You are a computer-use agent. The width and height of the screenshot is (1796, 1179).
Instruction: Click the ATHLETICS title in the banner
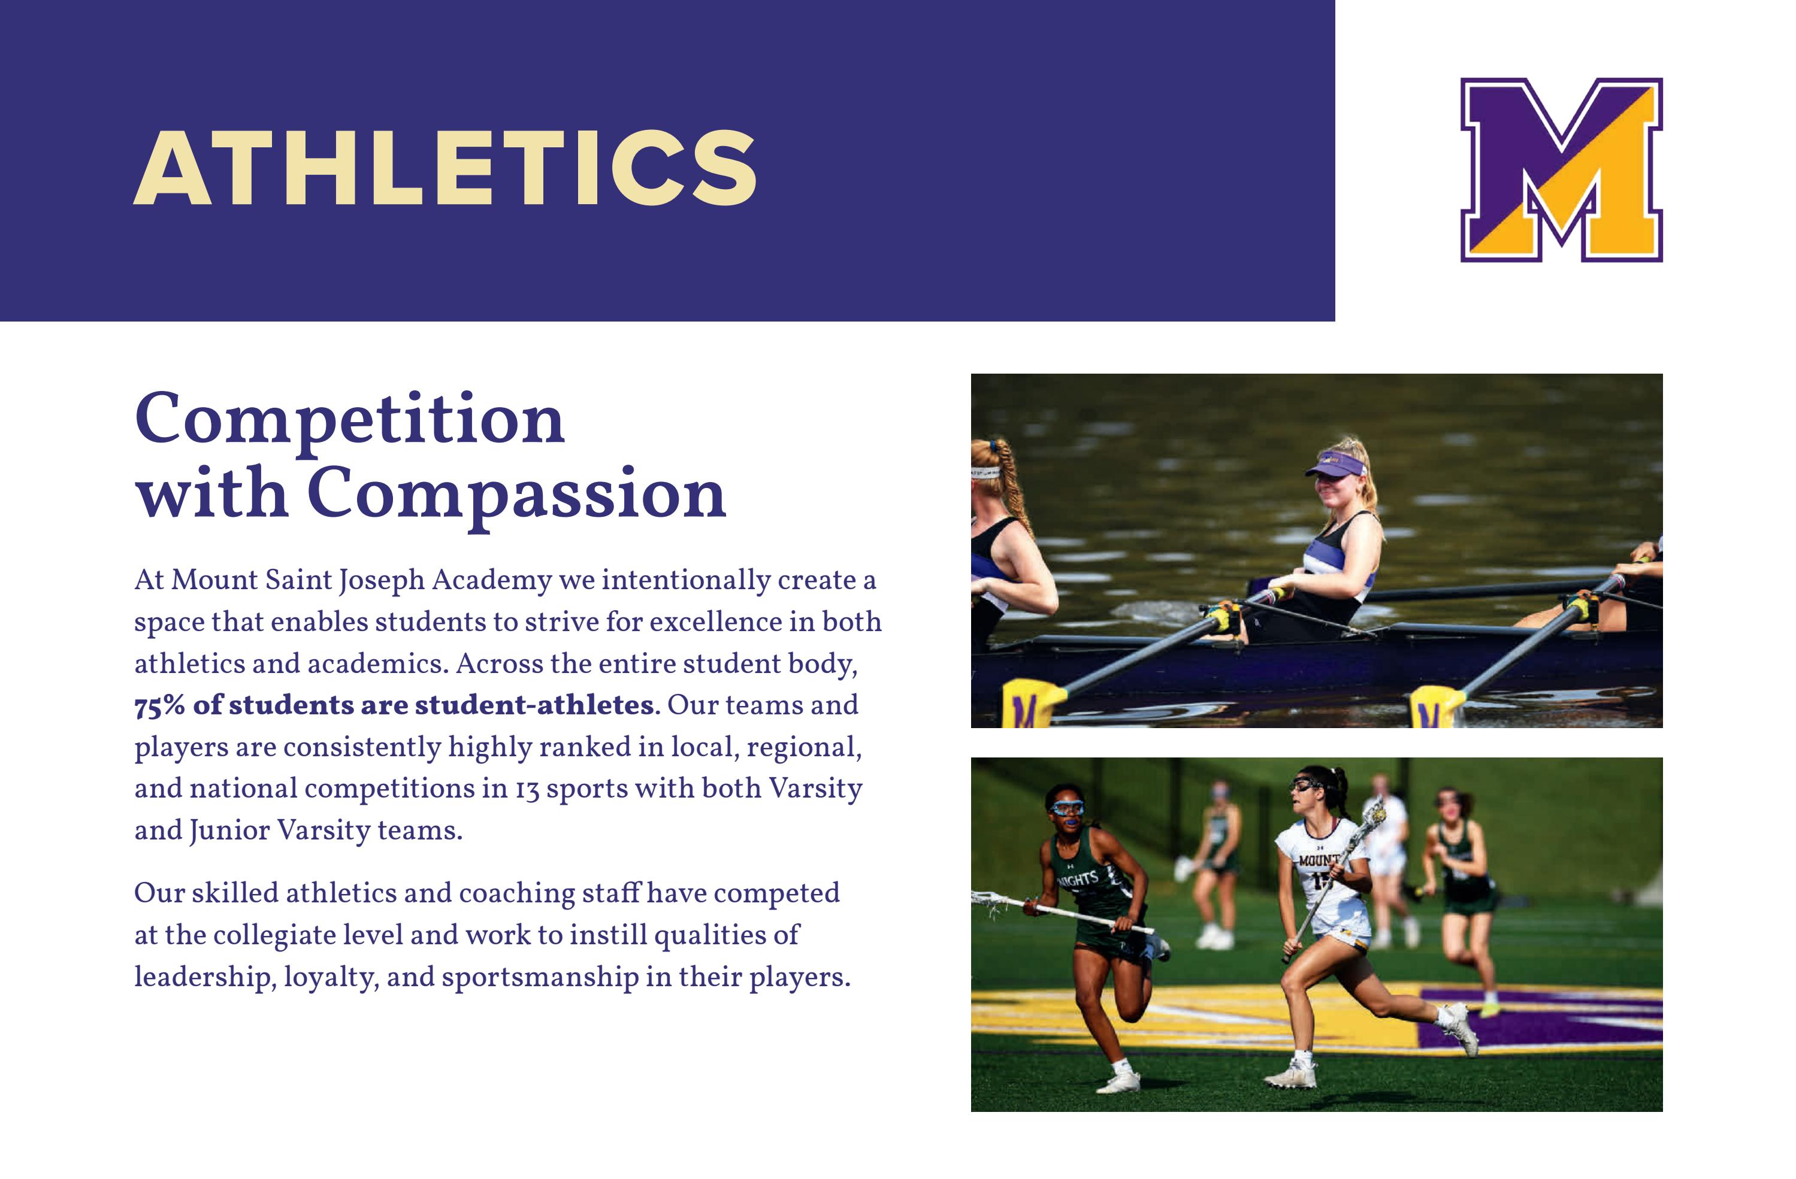[x=445, y=168]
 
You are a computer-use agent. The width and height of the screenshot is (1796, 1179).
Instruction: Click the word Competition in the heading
[x=349, y=419]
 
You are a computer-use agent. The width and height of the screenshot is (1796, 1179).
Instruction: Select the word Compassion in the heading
[x=516, y=494]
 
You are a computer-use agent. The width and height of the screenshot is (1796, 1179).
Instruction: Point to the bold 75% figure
[x=159, y=705]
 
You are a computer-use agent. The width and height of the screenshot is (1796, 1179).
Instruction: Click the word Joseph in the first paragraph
[x=381, y=581]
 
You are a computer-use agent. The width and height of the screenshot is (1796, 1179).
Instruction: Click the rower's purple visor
[x=1337, y=465]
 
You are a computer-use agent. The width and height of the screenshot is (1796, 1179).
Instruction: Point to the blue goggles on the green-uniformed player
[x=1067, y=808]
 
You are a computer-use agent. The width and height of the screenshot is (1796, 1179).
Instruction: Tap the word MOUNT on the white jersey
[x=1319, y=859]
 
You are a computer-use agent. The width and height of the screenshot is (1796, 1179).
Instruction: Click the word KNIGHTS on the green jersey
[x=1077, y=880]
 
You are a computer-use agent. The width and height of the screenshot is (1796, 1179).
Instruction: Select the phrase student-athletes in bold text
[x=534, y=705]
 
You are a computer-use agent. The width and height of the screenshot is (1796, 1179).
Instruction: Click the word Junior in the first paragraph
[x=229, y=831]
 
